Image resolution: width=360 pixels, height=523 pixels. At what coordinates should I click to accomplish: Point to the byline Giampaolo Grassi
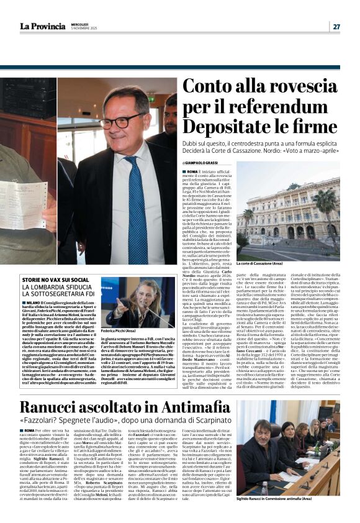point(205,162)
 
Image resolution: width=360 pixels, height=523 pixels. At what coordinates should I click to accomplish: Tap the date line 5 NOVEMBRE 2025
point(87,29)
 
